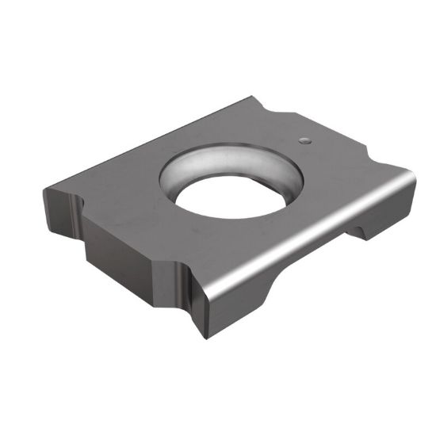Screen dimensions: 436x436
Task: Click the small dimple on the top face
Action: pos(304,140)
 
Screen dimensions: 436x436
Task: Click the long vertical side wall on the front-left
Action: pos(127,254)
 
